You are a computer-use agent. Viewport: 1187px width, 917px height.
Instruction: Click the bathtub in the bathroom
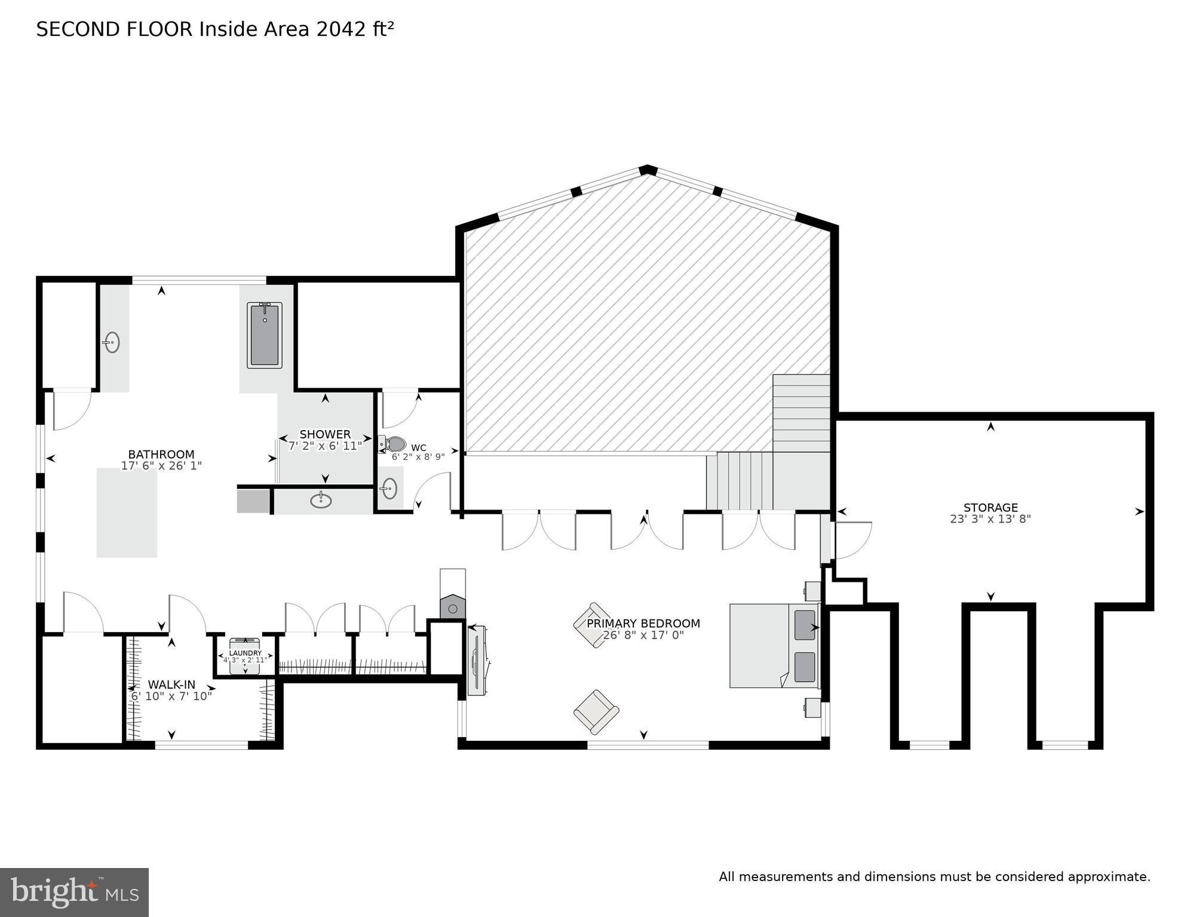(x=264, y=335)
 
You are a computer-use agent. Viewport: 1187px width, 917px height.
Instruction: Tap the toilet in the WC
(x=392, y=444)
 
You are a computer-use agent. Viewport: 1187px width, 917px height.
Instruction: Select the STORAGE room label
(x=990, y=508)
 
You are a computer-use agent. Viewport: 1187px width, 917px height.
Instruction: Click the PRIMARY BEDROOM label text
(x=643, y=624)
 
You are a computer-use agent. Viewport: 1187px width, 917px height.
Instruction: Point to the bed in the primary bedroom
(x=774, y=645)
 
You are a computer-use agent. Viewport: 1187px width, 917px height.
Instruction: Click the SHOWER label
(x=325, y=434)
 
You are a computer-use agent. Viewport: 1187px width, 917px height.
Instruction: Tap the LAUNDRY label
(x=246, y=653)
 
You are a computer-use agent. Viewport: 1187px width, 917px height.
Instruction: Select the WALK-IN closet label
(x=171, y=685)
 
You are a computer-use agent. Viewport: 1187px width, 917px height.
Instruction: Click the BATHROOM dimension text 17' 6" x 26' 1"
(x=161, y=465)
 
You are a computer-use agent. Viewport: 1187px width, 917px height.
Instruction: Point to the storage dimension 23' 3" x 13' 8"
(x=990, y=519)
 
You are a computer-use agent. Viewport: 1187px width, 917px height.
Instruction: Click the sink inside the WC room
(x=389, y=488)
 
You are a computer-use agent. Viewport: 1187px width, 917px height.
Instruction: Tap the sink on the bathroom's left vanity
(x=112, y=342)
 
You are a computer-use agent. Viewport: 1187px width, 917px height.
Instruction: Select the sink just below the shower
(x=321, y=499)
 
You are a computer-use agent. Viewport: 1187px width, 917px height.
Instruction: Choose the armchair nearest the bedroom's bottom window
(x=596, y=712)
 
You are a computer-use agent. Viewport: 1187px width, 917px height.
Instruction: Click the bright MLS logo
(x=74, y=892)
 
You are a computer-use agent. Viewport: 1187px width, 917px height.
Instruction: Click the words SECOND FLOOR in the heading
(x=115, y=29)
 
